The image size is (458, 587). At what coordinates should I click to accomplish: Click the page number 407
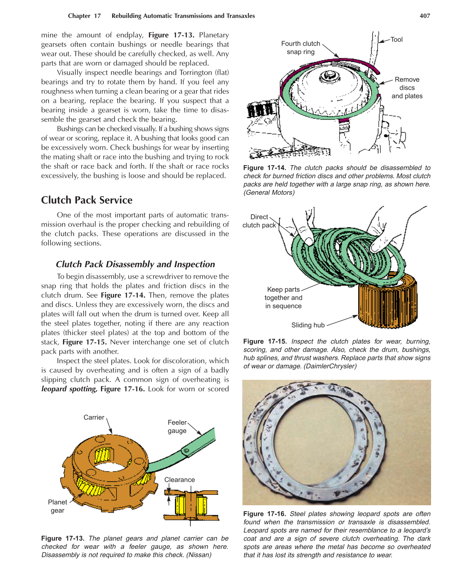coord(424,16)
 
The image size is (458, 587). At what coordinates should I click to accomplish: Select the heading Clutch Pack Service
coord(87,200)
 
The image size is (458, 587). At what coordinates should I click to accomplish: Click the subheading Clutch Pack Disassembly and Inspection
coord(135,264)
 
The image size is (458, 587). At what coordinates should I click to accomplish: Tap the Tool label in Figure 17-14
coord(396,40)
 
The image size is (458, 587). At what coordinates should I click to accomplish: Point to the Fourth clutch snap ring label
coord(300,48)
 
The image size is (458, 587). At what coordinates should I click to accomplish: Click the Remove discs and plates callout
coord(407,88)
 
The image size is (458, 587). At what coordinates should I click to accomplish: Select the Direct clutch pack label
coord(259,221)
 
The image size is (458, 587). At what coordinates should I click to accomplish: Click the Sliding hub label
coord(308,325)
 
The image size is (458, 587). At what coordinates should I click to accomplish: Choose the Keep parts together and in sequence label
coord(283,298)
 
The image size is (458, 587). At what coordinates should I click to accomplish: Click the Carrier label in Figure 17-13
coord(94,418)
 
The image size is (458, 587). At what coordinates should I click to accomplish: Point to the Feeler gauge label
coord(177,427)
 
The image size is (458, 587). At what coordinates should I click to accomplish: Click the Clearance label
coord(179,480)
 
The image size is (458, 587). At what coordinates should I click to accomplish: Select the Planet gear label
coord(57,506)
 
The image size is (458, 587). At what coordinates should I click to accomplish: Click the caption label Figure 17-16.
coord(264,514)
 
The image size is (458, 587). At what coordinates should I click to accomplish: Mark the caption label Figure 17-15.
coord(264,341)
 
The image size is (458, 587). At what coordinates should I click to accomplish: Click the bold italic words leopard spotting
coord(69,389)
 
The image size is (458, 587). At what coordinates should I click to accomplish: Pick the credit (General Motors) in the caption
coord(269,192)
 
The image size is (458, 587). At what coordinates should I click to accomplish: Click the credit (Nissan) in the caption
coord(199,555)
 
